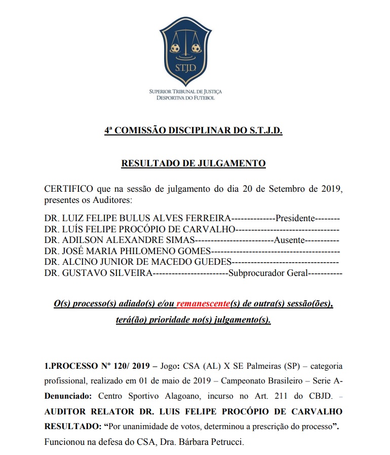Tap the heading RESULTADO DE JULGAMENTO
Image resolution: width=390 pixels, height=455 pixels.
[193, 163]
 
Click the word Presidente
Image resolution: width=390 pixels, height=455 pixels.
[295, 219]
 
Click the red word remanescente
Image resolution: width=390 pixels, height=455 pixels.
[203, 304]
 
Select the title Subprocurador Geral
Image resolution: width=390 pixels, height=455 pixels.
[268, 273]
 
